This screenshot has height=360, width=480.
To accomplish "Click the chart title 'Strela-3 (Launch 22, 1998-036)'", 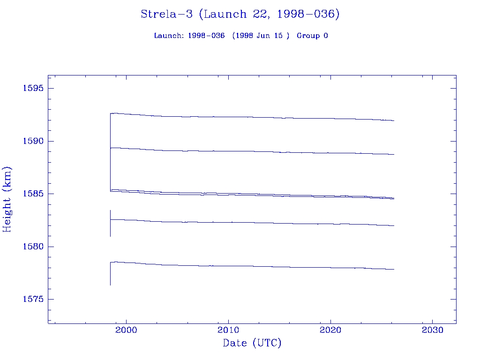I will [x=240, y=15].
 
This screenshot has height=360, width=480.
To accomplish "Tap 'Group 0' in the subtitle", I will [x=312, y=36].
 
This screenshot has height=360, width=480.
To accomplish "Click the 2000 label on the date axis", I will [x=126, y=330].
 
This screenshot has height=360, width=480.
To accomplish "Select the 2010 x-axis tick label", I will [x=228, y=330].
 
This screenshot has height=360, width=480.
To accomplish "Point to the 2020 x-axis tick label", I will [x=330, y=330].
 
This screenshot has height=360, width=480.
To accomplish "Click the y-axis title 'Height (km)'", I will [x=7, y=199].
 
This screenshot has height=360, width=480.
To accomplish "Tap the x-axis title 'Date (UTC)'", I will [x=252, y=344].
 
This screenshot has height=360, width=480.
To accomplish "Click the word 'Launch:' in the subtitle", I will [x=169, y=36].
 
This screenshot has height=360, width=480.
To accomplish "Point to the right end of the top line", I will [x=394, y=120].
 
